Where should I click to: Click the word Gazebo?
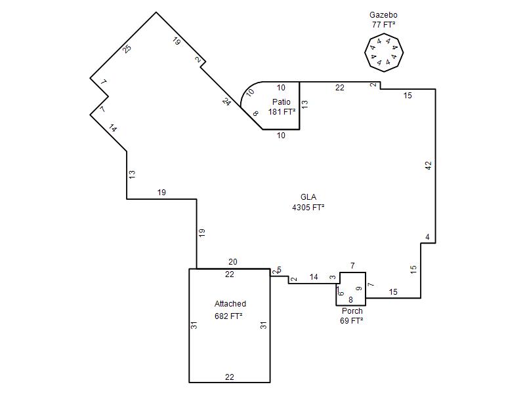tap(383, 15)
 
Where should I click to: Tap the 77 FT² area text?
tap(383, 25)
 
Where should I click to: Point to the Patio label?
tap(282, 102)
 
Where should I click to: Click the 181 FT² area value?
tap(282, 112)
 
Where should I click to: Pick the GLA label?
tap(308, 197)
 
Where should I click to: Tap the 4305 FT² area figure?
tap(308, 208)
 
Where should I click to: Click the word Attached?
tap(230, 304)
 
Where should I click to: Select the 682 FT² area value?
tap(228, 316)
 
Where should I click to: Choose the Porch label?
tap(352, 310)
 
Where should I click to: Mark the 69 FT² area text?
tap(352, 321)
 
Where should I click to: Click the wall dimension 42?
tap(429, 165)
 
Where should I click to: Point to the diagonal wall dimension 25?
tap(127, 48)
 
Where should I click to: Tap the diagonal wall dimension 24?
tap(226, 102)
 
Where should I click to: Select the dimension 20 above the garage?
tap(233, 262)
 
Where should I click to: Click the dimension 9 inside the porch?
tap(358, 289)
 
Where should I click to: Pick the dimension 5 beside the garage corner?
tap(280, 270)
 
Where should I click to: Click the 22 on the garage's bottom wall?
tap(229, 377)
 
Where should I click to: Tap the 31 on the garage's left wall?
tap(194, 325)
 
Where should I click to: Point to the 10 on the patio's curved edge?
tap(250, 92)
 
